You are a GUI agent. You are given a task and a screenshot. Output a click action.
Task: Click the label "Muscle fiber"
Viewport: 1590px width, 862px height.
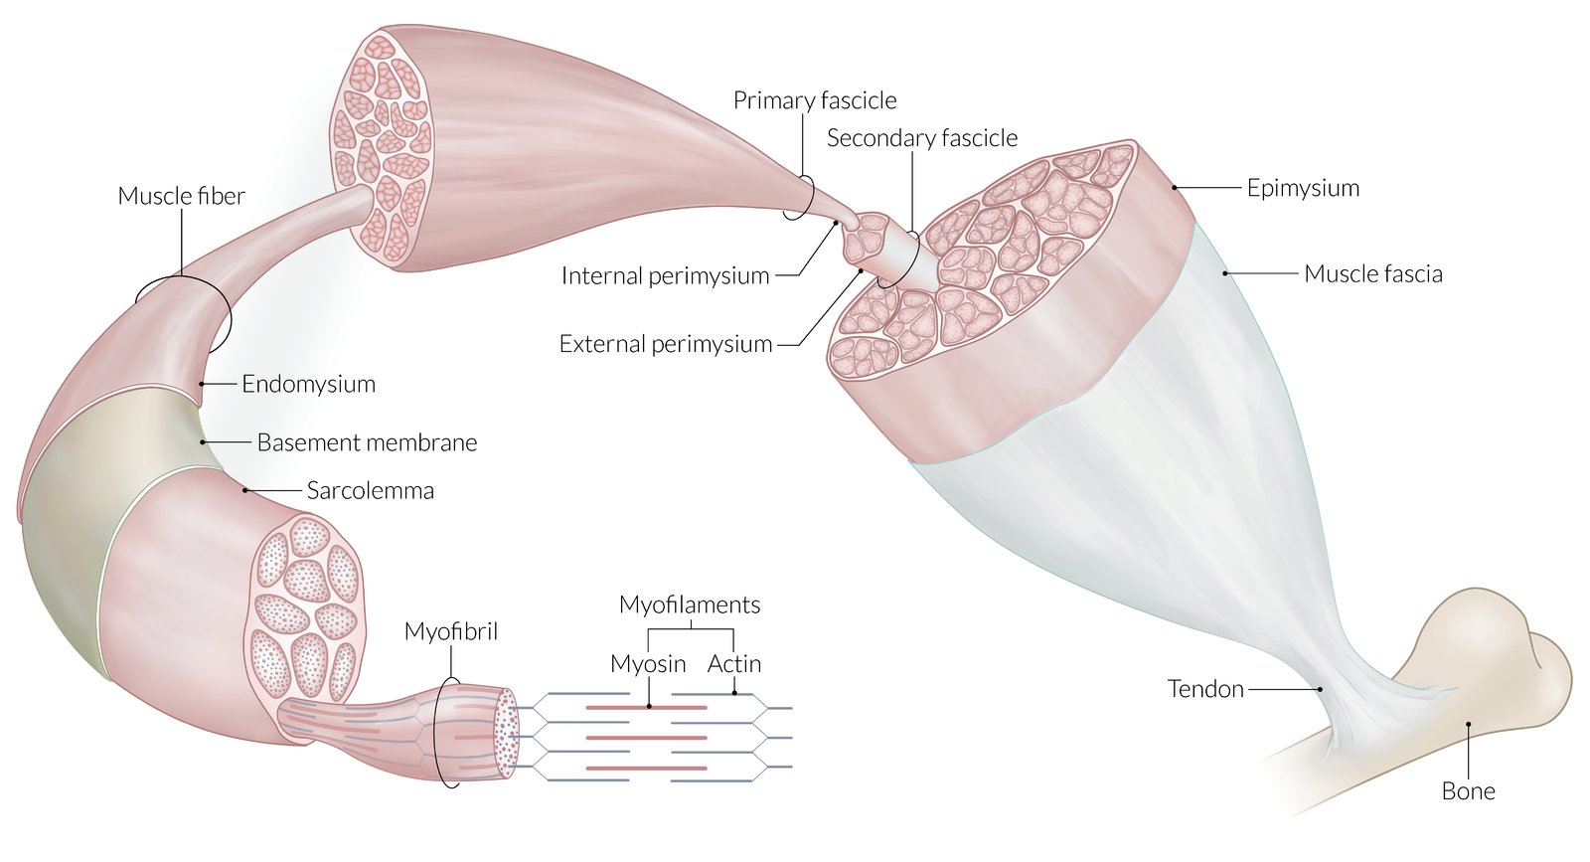181,196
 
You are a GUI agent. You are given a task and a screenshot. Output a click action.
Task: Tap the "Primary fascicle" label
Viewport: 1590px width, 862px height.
815,100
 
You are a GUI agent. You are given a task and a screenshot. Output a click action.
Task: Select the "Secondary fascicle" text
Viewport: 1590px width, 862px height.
922,138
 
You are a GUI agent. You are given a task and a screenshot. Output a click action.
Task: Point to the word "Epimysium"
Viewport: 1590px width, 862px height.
1303,188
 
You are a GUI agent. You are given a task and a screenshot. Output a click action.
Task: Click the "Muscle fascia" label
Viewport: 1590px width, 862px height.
1372,273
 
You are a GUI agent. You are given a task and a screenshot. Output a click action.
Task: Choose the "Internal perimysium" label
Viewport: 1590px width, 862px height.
665,275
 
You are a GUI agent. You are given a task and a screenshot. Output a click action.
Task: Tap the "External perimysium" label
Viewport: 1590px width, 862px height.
666,344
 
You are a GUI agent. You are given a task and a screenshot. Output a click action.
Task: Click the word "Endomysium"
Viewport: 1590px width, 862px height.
308,384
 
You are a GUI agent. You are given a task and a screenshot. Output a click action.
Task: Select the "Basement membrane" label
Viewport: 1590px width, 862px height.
367,442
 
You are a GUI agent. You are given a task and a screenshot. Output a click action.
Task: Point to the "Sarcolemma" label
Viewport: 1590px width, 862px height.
370,490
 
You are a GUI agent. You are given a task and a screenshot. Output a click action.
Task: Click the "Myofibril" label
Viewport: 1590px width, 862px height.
451,631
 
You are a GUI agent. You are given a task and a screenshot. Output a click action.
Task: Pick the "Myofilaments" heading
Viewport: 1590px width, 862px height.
690,604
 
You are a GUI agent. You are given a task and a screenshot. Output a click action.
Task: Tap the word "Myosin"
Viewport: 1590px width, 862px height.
648,664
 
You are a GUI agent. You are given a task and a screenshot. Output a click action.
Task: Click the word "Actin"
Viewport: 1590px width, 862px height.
734,664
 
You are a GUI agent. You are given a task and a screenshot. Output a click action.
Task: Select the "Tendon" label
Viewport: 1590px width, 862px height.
1205,689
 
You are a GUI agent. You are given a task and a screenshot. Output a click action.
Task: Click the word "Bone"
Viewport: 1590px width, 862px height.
1468,791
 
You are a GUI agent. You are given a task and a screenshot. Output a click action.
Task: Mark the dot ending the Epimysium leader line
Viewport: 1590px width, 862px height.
1175,187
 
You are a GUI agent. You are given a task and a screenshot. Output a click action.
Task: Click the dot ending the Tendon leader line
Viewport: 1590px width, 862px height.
1321,689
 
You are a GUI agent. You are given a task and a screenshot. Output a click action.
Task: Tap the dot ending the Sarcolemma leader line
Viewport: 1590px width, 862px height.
245,490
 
